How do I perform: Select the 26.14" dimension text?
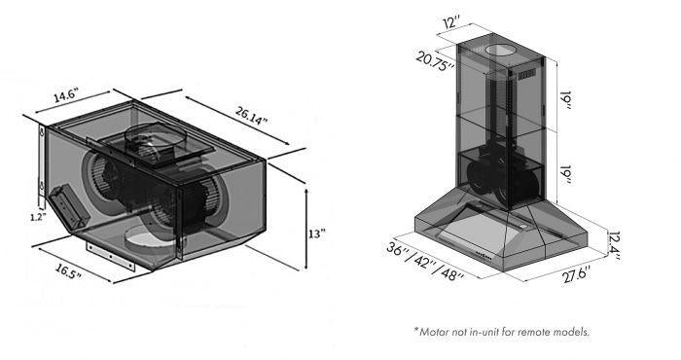point(251,115)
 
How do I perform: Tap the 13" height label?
point(316,234)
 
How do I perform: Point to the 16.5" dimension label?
point(68,271)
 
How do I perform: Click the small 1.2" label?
point(38,217)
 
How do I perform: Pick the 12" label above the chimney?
point(451,21)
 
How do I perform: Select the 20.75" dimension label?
point(435,60)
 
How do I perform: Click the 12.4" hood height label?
point(614,245)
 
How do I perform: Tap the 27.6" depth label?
point(576,275)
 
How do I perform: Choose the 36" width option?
point(399,253)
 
